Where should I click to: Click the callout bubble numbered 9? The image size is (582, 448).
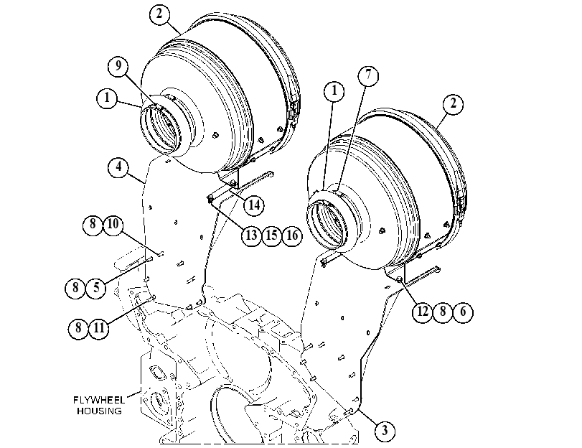point(118,66)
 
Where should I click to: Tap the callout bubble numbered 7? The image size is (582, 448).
point(368,75)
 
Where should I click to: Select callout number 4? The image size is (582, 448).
point(118,167)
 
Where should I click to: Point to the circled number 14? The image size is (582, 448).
point(254,205)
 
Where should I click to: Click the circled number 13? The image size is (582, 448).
point(251,235)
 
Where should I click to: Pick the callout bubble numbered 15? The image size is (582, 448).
point(272,235)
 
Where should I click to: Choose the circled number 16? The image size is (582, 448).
point(293,235)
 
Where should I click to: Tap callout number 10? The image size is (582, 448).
point(113,224)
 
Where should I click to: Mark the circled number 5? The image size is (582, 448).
point(96,287)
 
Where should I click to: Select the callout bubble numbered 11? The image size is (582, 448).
point(99,328)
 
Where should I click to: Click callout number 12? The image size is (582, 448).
point(423,312)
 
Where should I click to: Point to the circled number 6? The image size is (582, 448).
point(463,312)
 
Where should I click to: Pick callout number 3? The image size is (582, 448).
point(385,431)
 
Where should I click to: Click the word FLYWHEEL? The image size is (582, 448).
point(99,400)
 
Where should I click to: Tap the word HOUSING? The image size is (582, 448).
point(99,411)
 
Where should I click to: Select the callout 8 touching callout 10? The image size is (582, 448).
point(93,224)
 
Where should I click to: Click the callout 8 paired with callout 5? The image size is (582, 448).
point(75,287)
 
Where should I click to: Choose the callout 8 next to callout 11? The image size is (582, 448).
point(78,328)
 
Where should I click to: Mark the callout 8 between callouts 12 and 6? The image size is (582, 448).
point(443,312)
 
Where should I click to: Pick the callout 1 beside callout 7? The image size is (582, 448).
point(334,90)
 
